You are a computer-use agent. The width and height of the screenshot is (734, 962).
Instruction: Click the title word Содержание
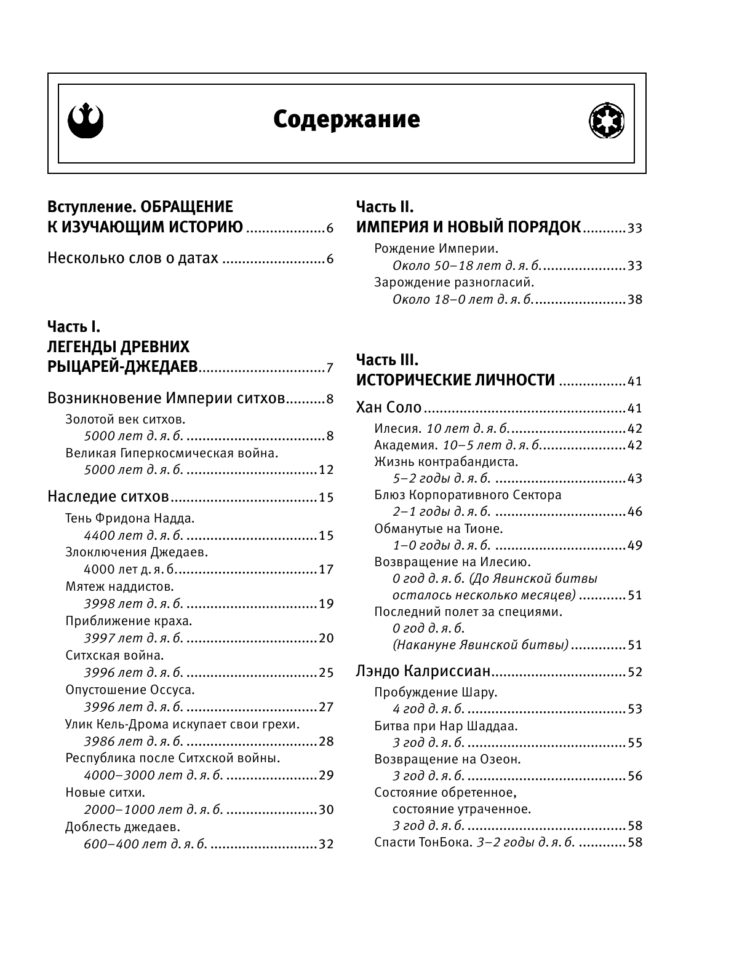346,120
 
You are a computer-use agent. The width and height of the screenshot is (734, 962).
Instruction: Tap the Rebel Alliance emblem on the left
86,119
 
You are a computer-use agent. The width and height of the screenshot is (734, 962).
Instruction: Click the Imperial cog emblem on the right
607,120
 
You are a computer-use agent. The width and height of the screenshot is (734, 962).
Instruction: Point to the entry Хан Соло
389,408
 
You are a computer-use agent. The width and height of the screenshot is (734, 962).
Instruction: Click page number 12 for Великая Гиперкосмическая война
326,470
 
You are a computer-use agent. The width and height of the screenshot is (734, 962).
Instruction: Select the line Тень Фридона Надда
130,518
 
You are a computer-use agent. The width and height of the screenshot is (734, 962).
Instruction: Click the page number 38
634,299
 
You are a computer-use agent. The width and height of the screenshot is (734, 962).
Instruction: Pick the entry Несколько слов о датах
133,258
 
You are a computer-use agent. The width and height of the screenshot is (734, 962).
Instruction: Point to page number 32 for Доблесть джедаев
326,844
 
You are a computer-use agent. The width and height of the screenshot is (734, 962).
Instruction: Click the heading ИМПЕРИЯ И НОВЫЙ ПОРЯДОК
468,227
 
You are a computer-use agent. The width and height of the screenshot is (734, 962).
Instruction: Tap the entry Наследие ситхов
108,496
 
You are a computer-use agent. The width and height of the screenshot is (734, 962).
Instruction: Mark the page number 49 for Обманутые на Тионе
634,545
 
